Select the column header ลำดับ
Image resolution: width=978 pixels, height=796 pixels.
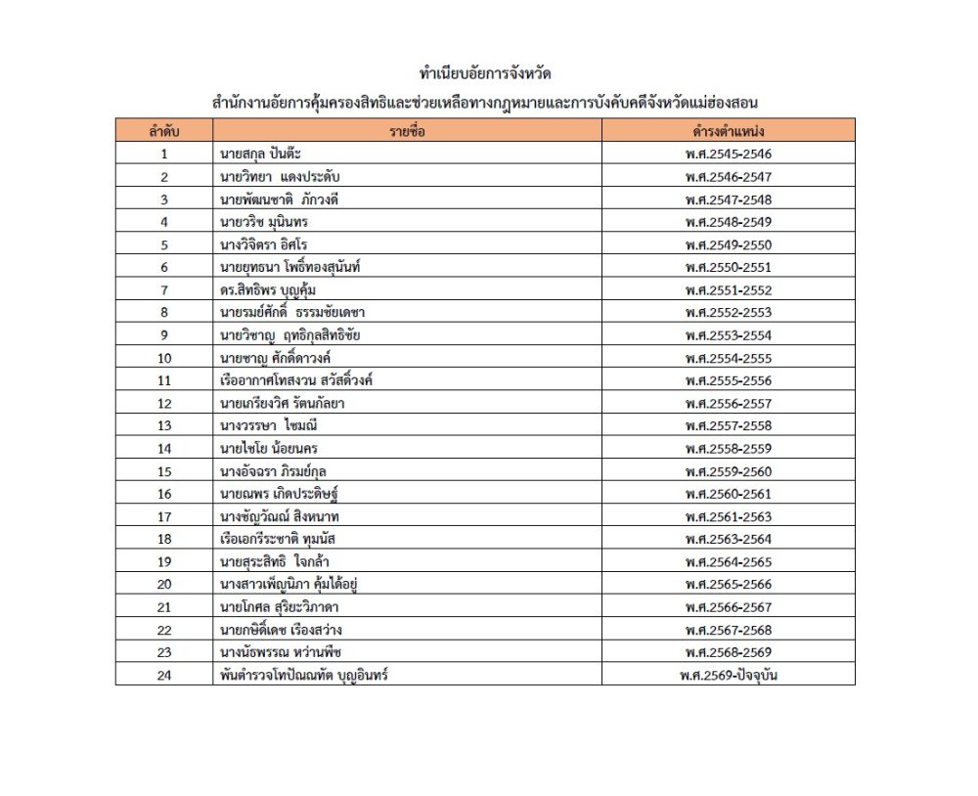163,130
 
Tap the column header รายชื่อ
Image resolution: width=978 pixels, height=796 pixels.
407,130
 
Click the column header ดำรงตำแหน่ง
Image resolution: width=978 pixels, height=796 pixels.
728,130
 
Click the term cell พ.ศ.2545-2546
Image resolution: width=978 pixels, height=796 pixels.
729,154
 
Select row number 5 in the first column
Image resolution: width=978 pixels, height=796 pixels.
163,244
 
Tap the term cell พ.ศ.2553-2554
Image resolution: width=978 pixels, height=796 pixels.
729,335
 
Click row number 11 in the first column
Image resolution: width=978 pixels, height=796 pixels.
163,380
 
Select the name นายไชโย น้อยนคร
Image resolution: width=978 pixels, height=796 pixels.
270,449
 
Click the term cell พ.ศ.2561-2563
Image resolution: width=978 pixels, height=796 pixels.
729,516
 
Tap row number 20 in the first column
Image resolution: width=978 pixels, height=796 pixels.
163,585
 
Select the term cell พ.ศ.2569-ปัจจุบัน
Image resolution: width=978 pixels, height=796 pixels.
729,676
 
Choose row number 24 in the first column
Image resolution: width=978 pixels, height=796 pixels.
163,676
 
